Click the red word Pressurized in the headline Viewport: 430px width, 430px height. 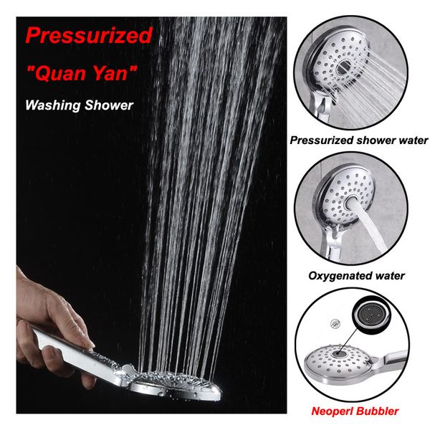click(89, 36)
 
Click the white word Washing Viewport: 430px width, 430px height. click(53, 105)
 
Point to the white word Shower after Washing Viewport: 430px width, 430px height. click(109, 105)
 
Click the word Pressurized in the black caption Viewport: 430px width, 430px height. click(321, 140)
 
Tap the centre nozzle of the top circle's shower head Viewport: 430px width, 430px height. click(343, 67)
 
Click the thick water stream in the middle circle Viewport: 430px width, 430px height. click(371, 229)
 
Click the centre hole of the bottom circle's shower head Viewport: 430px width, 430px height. click(338, 353)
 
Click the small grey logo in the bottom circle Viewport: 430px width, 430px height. click(335, 324)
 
